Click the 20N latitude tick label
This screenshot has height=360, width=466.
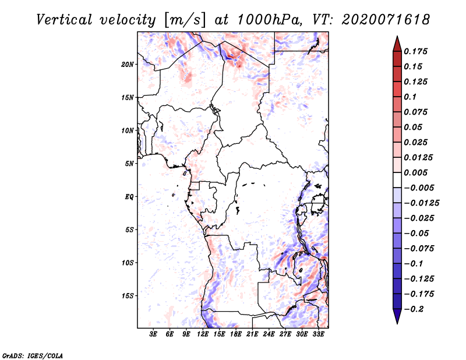coord(128,65)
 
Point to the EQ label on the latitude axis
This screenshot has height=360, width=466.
coord(129,197)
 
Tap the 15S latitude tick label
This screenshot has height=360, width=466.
coord(128,296)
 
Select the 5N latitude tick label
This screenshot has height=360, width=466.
coord(129,164)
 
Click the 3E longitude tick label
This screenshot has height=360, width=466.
coord(153,334)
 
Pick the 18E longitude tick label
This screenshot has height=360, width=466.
coord(236,334)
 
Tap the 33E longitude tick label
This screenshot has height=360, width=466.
coord(318,334)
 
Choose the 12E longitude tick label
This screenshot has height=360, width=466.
coord(203,334)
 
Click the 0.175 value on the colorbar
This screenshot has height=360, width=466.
coord(415,51)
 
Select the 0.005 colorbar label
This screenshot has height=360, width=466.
coord(415,172)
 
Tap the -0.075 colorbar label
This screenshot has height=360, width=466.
coord(419,249)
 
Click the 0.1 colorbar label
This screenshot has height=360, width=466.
coord(410,97)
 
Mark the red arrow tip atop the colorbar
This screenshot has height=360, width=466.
coord(397,36)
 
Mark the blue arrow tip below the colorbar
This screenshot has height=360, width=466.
coord(397,324)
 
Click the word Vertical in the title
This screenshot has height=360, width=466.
coord(64,20)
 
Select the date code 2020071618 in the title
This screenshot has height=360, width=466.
coord(386,20)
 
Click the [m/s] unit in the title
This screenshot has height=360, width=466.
coord(185,20)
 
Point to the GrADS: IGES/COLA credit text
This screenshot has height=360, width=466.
coord(33,356)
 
